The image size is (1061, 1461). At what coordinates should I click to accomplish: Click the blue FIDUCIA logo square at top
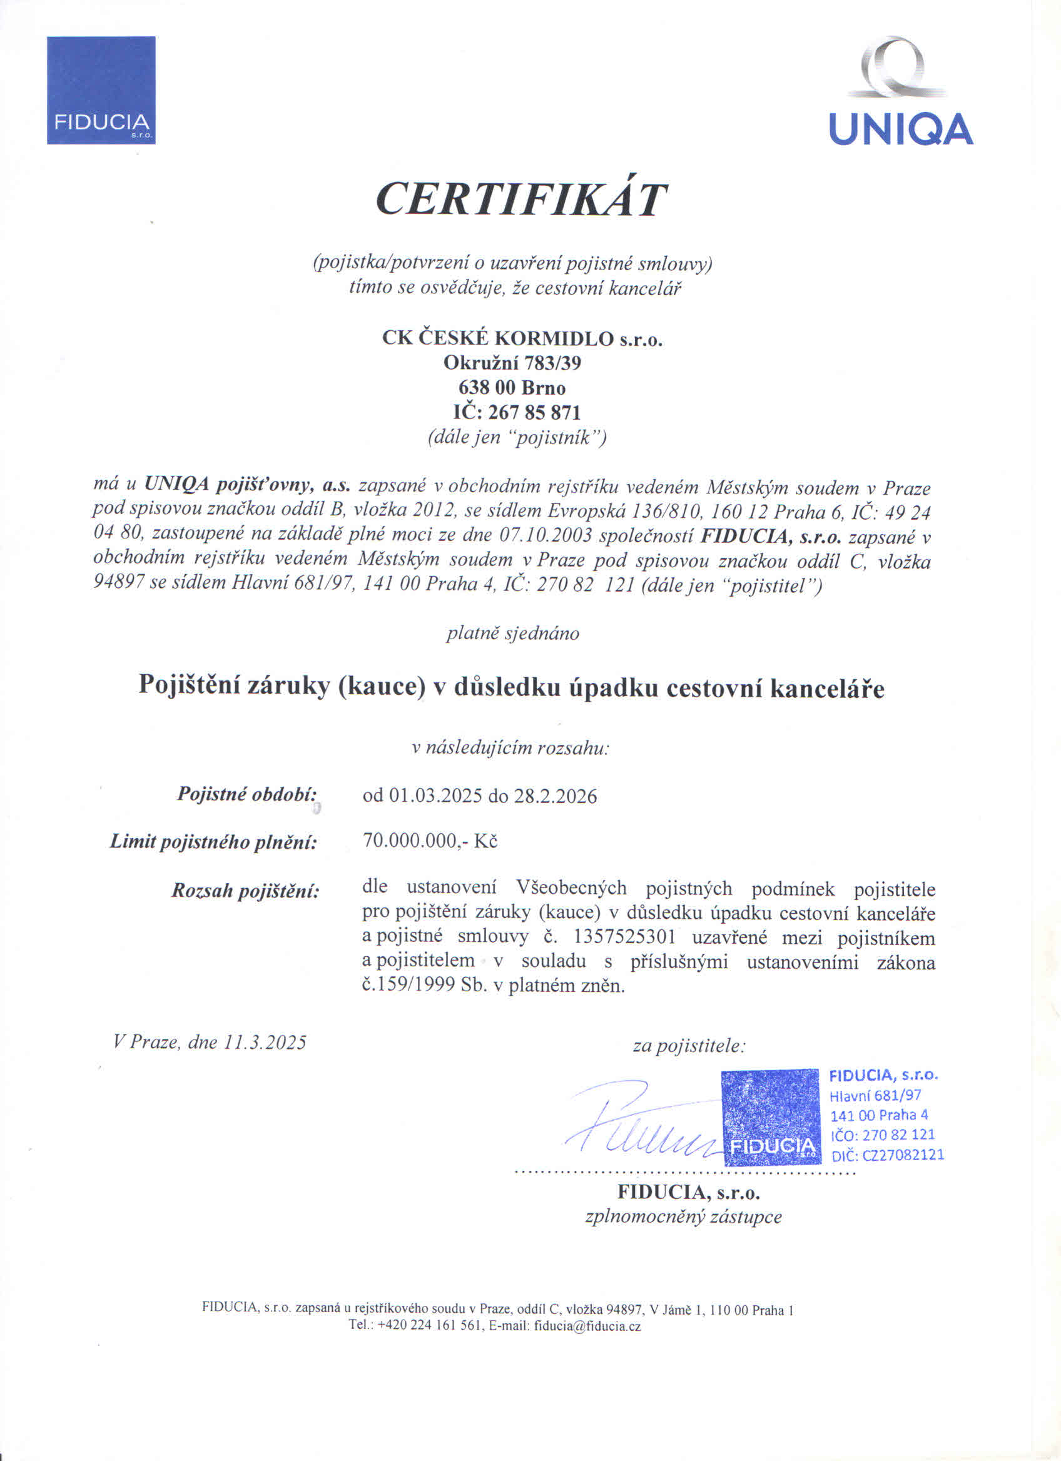pyautogui.click(x=101, y=90)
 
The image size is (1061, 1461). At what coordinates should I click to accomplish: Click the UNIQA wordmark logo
pyautogui.click(x=900, y=129)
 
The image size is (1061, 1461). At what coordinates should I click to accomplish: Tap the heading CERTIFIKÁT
pyautogui.click(x=521, y=198)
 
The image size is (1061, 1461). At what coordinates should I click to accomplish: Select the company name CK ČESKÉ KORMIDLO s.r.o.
pyautogui.click(x=522, y=338)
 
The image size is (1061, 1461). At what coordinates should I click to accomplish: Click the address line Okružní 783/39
pyautogui.click(x=512, y=363)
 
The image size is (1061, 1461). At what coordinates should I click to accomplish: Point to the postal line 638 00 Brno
pyautogui.click(x=512, y=388)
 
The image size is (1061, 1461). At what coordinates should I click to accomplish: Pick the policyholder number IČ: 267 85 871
pyautogui.click(x=517, y=412)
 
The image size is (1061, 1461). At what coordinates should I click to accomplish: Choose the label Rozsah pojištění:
pyautogui.click(x=245, y=891)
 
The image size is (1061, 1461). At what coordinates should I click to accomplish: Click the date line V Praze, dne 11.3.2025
pyautogui.click(x=210, y=1043)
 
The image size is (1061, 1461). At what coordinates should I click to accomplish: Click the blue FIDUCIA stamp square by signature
pyautogui.click(x=769, y=1117)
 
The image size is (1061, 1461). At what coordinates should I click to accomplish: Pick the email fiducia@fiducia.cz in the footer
pyautogui.click(x=587, y=1327)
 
